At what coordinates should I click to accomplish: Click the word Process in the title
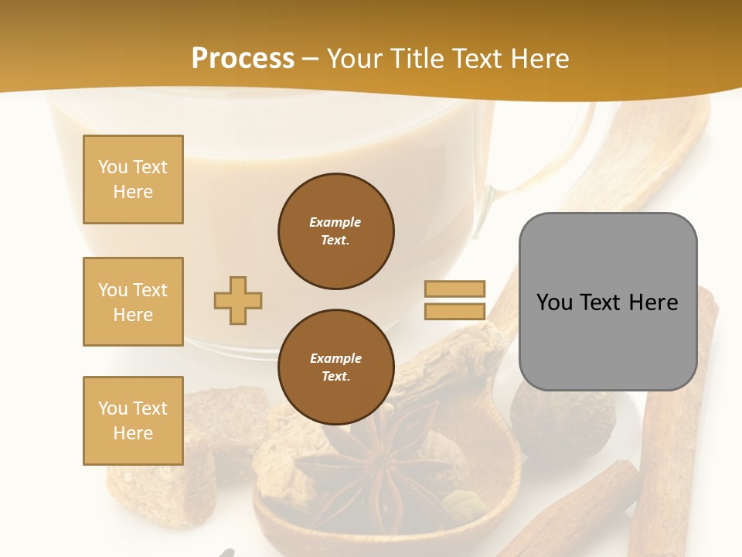(x=243, y=59)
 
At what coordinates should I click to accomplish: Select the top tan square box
(x=133, y=179)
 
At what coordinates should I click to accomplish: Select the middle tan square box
(x=133, y=302)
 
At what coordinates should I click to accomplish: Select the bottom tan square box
(x=133, y=421)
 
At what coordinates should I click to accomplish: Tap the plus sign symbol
(x=238, y=300)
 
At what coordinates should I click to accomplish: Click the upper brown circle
(x=335, y=231)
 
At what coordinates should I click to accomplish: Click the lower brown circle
(x=335, y=367)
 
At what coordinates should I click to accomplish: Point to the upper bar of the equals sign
(x=454, y=289)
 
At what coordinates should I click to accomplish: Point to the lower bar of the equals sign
(x=454, y=312)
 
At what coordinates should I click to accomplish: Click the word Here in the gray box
(x=654, y=302)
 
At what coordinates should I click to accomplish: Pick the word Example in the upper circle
(x=335, y=222)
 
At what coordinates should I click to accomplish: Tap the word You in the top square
(x=113, y=167)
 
